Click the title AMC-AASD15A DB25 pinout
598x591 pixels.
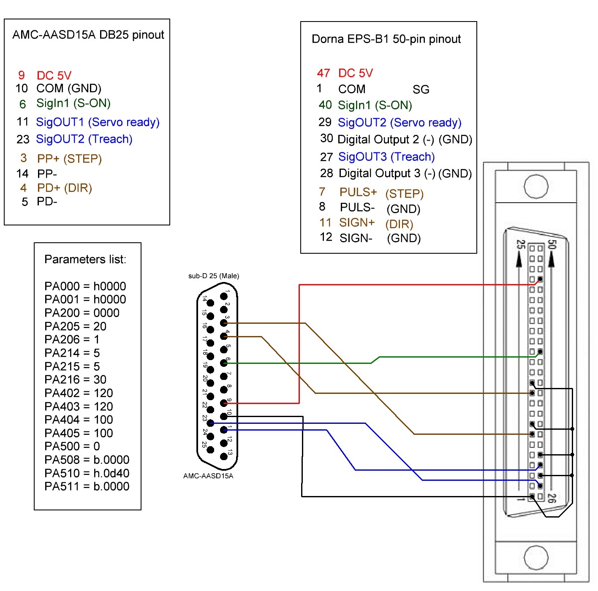tap(88, 35)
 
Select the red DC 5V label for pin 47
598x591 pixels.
tap(356, 73)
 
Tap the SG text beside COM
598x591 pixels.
tap(421, 89)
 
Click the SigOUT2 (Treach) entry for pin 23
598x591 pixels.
tap(84, 139)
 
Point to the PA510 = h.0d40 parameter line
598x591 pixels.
tap(87, 473)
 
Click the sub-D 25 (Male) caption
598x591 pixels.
tap(213, 276)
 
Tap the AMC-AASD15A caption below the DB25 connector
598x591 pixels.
tap(208, 476)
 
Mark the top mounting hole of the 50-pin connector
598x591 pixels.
tap(536, 187)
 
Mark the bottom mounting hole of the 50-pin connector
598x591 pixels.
tap(536, 557)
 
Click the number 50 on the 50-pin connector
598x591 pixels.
tap(551, 244)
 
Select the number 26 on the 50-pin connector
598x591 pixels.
tap(551, 498)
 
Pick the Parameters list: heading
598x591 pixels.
tap(85, 259)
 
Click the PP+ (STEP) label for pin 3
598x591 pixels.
tap(69, 159)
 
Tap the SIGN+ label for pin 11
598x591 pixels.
tap(357, 222)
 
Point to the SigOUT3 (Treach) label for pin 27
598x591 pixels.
tap(386, 157)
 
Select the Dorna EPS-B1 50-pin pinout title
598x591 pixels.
tap(386, 39)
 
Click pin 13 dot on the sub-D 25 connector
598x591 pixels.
tap(224, 456)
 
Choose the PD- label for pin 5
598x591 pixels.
tap(47, 201)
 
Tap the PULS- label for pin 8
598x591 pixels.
tap(357, 207)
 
